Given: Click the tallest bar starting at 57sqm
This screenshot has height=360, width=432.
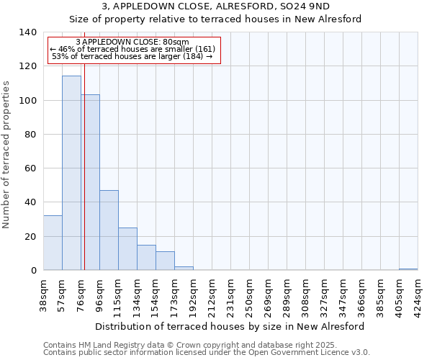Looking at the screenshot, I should [71, 173].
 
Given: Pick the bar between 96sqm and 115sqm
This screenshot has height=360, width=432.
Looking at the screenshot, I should [109, 230].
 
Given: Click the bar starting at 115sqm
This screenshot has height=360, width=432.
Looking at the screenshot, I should [127, 248].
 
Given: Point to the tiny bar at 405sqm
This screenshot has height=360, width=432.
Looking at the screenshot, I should [408, 269].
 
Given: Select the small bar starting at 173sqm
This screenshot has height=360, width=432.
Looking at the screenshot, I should [184, 269].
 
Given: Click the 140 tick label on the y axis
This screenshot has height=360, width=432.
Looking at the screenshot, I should [27, 32].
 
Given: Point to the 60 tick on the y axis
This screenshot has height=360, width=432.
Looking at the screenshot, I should [30, 168].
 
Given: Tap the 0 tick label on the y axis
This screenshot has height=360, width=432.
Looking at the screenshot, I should [33, 271].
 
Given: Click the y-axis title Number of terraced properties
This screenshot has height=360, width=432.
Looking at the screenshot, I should [7, 155].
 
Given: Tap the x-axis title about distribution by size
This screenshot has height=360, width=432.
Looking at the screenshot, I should [230, 326].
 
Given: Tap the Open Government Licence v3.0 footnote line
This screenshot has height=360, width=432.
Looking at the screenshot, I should [207, 352].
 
